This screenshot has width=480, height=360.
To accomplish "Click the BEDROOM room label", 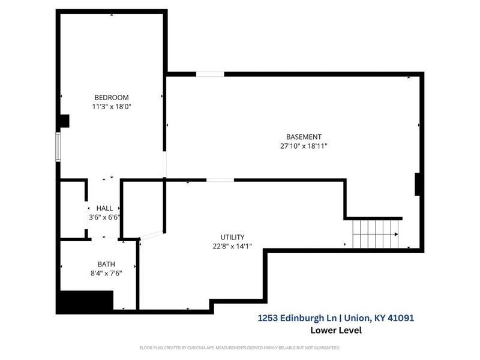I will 111,97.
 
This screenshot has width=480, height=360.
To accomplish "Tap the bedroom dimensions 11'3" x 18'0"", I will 111,107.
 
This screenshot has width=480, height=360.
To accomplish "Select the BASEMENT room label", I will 304,136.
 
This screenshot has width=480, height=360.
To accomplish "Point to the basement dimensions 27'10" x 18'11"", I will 304,146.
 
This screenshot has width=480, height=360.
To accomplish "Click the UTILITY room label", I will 232,237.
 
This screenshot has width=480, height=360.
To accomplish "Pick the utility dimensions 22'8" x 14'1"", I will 232,246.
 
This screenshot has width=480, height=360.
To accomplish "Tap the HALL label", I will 104,208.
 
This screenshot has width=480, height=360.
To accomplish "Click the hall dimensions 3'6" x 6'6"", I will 104,217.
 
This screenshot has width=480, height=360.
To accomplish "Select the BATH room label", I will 106,264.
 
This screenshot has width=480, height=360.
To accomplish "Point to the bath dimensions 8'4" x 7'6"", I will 106,274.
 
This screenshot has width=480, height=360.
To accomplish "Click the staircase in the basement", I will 375,233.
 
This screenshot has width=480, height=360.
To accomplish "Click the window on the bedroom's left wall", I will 59,147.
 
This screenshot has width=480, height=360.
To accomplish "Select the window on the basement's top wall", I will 211,74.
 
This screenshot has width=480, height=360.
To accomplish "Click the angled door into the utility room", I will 151,236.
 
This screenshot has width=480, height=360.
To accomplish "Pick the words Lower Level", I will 335,330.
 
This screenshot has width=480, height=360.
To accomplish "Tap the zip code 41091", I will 400,318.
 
